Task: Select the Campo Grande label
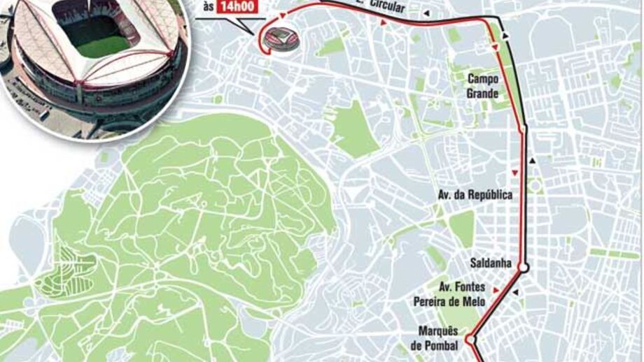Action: tap(483, 86)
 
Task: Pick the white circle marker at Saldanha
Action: tap(522, 266)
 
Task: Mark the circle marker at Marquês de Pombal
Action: tap(471, 340)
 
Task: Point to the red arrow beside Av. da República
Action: tap(514, 173)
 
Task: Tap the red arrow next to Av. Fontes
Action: tap(496, 289)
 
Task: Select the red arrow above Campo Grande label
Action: tap(496, 47)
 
